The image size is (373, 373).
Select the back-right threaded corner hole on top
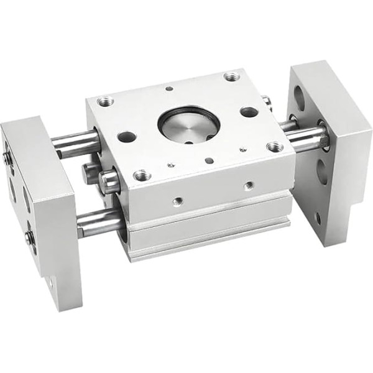pyautogui.click(x=232, y=76)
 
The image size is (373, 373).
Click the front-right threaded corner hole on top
pyautogui.click(x=274, y=147)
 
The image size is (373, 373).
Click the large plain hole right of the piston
pyautogui.click(x=249, y=112)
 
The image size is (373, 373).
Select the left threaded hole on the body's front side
pyautogui.click(x=178, y=201)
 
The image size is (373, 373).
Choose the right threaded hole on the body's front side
pyautogui.click(x=249, y=185)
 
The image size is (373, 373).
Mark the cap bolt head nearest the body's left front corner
pyautogui.click(x=110, y=182)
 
